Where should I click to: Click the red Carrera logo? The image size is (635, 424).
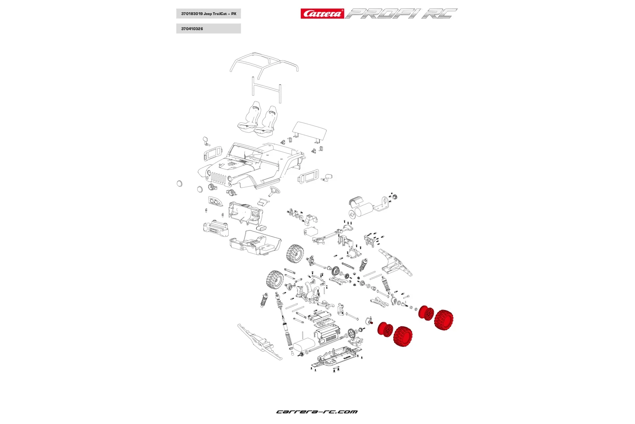click(x=322, y=14)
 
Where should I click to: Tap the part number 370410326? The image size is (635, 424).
click(x=192, y=29)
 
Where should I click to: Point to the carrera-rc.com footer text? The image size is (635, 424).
click(x=317, y=412)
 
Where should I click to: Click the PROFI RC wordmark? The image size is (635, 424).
click(x=401, y=14)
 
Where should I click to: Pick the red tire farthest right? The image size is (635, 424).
click(x=444, y=320)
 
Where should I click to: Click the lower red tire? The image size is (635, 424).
click(x=403, y=337)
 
